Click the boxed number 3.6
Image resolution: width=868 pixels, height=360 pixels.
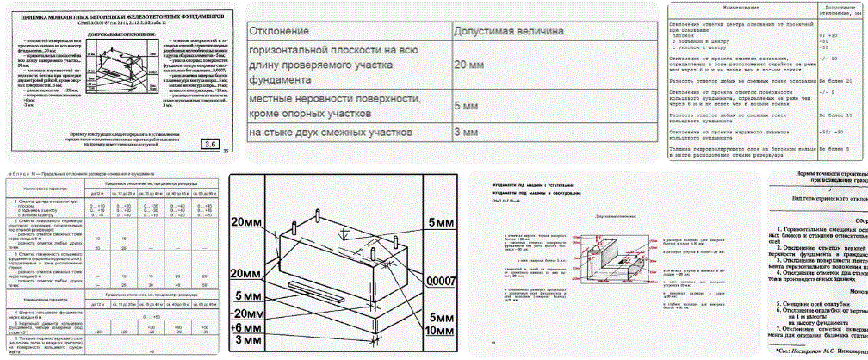(x=210, y=144)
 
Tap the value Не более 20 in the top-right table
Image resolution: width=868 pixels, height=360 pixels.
(x=835, y=80)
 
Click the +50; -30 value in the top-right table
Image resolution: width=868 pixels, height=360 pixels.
(x=832, y=133)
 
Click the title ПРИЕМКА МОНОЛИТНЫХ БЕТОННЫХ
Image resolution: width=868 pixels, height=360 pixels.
(x=120, y=16)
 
